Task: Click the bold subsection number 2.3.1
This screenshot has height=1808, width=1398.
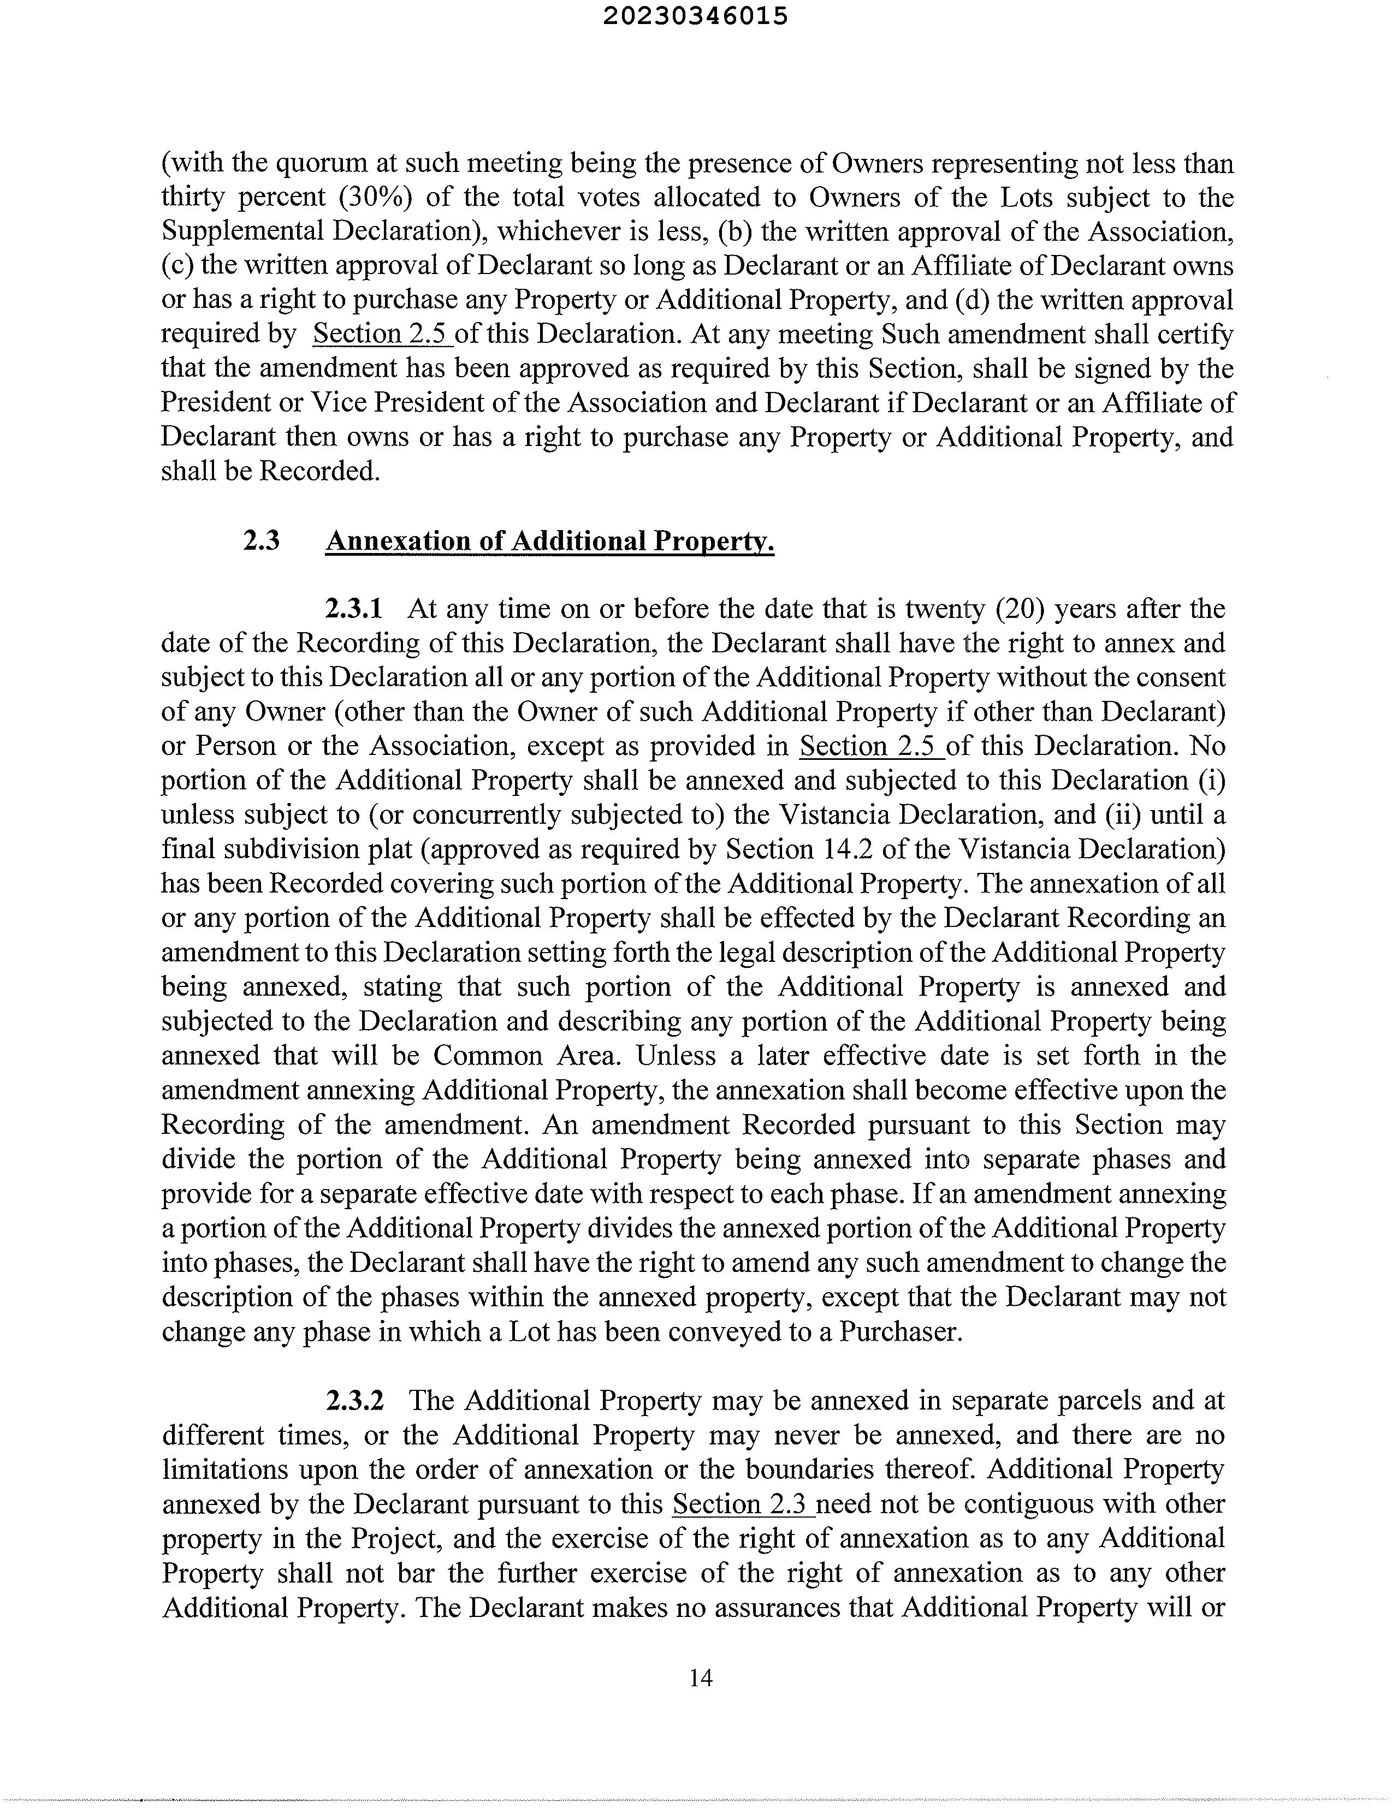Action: tap(354, 609)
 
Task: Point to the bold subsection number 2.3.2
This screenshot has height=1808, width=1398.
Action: tap(354, 1401)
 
